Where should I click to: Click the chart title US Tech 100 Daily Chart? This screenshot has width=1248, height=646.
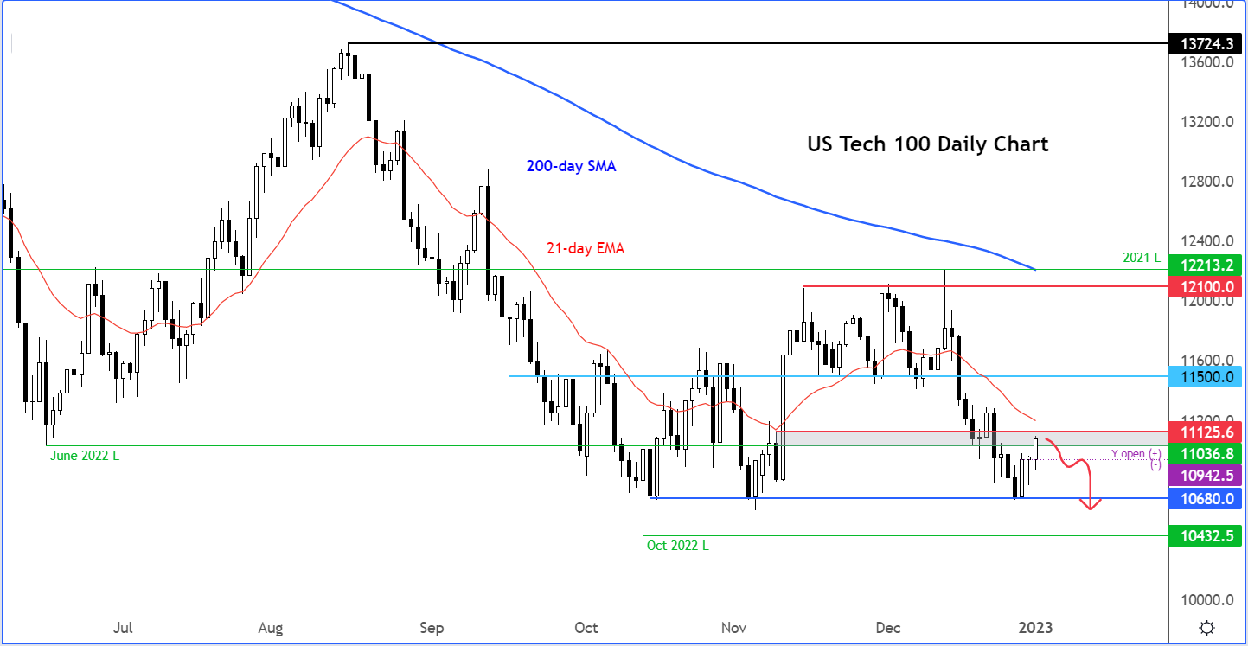927,144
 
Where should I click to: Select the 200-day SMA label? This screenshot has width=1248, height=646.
571,166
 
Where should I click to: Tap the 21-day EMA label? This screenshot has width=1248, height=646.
585,248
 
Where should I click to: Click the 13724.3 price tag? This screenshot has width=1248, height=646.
1205,42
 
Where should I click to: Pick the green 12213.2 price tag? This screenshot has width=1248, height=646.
1205,265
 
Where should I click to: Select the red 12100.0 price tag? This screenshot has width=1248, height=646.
1205,285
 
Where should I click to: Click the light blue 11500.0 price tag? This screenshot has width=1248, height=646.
1205,376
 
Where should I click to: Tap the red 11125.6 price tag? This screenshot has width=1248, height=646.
1205,431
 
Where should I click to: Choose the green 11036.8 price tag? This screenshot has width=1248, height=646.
1205,453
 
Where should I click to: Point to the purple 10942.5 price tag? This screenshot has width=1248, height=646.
1205,475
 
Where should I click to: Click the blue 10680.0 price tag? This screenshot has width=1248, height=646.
1205,498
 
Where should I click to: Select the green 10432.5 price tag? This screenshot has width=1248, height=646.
1205,535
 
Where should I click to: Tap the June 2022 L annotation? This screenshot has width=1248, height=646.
82,455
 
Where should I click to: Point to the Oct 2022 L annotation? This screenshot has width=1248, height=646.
682,545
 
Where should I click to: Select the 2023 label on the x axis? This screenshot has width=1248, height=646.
1035,627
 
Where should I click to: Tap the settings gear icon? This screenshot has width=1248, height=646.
1206,628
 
